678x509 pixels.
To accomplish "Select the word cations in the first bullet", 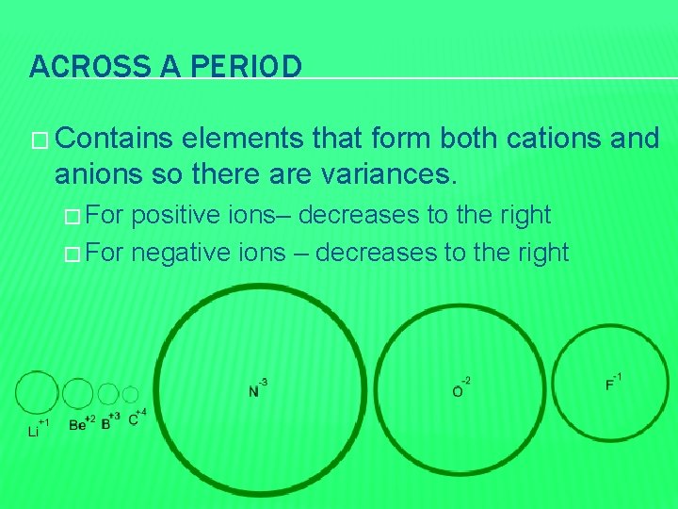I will pos(547,140).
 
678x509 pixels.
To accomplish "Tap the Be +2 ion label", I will pos(82,423).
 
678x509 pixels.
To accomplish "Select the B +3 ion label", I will pos(109,421).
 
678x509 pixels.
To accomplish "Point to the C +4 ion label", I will pos(137,418).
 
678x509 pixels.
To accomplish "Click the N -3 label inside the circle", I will pos(257,387).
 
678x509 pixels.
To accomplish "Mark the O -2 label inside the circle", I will pos(460,387).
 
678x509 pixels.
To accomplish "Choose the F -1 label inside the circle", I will pos(613,383).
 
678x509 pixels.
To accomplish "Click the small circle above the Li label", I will pos(37,393).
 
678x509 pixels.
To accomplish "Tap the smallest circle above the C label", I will pos(130,395).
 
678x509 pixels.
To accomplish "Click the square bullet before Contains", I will pos(37,140).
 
